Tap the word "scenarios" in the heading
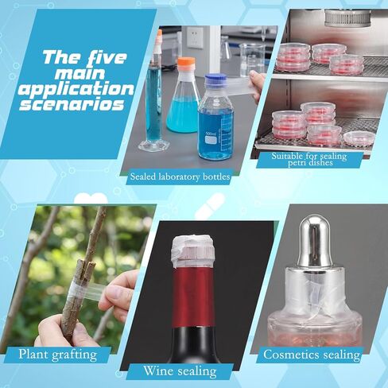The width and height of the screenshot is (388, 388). pyautogui.click(x=72, y=104)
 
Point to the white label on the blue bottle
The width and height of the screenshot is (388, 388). pyautogui.click(x=211, y=140)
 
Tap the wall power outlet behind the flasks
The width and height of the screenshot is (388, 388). pyautogui.click(x=195, y=37)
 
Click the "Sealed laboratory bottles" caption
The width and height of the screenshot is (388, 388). pyautogui.click(x=180, y=177)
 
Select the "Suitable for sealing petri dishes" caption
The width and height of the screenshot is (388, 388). pyautogui.click(x=309, y=159)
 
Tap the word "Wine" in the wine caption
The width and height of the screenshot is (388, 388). pyautogui.click(x=155, y=371)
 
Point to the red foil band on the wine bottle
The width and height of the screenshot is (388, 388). pyautogui.click(x=194, y=297)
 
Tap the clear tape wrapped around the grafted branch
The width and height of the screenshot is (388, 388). pyautogui.click(x=77, y=293)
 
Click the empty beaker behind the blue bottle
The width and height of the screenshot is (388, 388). pyautogui.click(x=251, y=58)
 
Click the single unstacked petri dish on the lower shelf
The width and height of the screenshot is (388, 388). pyautogui.click(x=359, y=138)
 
